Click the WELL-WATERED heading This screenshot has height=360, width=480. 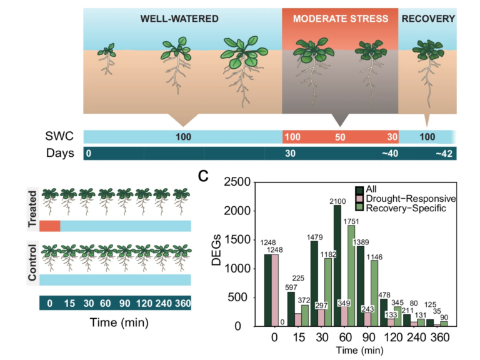coord(179,19)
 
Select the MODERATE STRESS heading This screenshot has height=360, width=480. coord(340,19)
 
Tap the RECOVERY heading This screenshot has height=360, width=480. coord(428,19)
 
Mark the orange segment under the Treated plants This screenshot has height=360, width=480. coord(49,226)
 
